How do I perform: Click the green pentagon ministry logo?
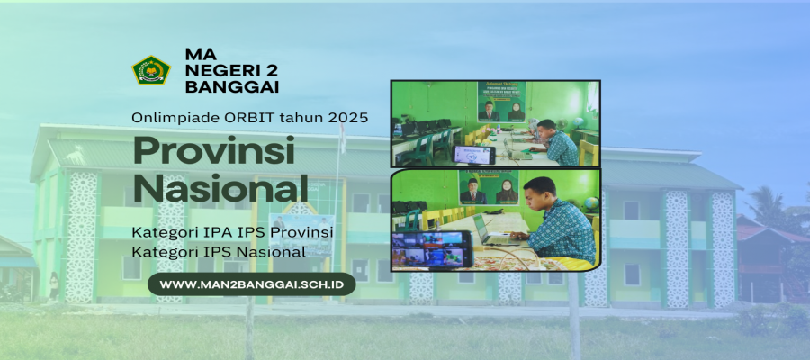coord(151,70)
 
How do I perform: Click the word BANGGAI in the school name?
coord(232,86)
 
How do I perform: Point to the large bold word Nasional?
coord(220,188)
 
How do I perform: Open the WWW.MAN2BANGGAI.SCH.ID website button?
coord(252,284)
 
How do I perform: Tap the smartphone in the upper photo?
coord(474,155)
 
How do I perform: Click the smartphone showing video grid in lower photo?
coord(431,248)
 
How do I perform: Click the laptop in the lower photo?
coord(490,232)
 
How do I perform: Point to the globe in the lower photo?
coord(592,203)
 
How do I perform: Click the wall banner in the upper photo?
coord(501,102)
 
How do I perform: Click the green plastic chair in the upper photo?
coord(425,148)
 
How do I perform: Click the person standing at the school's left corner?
coord(54,286)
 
